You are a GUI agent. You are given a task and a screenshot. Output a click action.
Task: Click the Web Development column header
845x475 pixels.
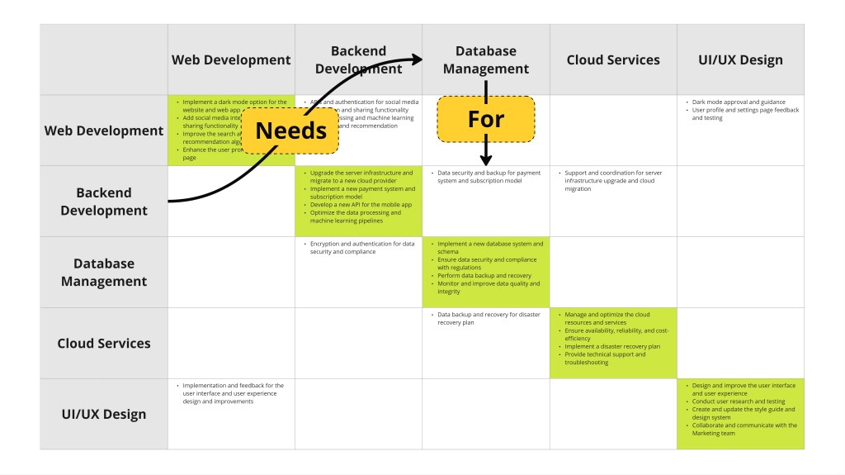[x=231, y=59]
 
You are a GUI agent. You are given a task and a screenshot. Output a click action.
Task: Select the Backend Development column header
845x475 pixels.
[x=358, y=59]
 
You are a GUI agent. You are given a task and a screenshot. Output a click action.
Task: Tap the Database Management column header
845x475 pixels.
[x=486, y=59]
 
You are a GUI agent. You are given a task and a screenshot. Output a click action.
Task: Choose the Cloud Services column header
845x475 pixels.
[x=613, y=59]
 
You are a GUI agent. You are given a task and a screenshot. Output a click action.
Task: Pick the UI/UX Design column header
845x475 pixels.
[x=740, y=59]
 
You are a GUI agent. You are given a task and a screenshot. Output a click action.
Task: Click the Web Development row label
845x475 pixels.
[x=104, y=131]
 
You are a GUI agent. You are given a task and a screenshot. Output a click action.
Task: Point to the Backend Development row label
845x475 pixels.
[x=104, y=202]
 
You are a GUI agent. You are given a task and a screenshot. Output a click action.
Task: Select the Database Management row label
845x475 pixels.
[x=104, y=272]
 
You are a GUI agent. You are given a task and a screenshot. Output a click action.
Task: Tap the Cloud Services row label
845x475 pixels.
[x=104, y=343]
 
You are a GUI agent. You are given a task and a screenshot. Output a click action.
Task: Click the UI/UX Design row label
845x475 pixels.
[x=104, y=414]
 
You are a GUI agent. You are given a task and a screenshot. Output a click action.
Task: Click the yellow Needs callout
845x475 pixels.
[x=290, y=131]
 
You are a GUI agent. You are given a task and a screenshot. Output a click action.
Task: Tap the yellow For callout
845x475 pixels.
[x=486, y=119]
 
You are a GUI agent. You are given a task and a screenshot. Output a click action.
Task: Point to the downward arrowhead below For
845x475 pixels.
[x=486, y=160]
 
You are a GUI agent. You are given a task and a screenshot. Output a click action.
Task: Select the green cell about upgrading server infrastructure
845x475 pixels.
[x=358, y=201]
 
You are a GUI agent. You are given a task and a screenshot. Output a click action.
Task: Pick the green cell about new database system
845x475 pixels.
[x=486, y=272]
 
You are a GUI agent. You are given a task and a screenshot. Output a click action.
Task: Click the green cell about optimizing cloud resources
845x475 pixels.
[x=613, y=343]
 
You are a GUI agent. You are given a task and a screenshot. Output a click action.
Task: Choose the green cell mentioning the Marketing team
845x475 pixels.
[x=740, y=414]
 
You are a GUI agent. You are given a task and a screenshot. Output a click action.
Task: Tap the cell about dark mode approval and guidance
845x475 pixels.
[x=740, y=131]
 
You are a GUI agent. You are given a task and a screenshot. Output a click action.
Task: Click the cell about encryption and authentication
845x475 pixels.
[x=358, y=272]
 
